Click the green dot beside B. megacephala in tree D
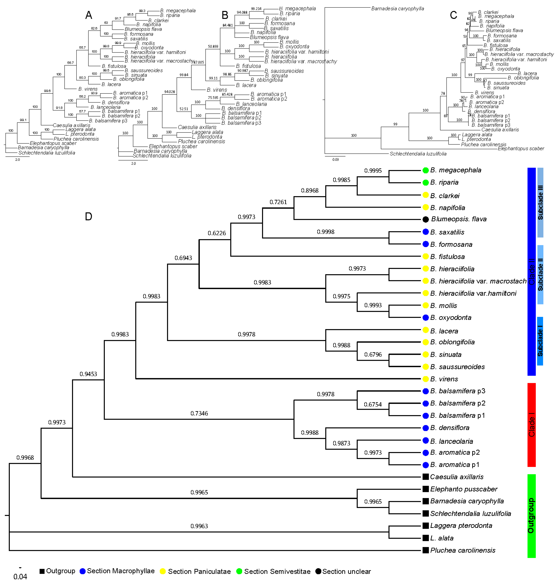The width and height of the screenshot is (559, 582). [425, 170]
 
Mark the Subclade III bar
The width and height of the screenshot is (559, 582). [540, 202]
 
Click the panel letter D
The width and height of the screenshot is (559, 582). [88, 217]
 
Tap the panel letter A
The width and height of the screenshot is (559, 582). [88, 15]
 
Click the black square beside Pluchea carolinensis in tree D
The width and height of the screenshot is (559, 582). [425, 550]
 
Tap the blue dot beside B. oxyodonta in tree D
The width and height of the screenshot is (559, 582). [425, 317]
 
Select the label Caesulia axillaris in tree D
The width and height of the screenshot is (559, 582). [456, 477]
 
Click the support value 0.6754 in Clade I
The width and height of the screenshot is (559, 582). [373, 404]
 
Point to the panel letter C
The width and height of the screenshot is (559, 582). [453, 15]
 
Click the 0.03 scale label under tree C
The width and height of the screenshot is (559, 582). [335, 160]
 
